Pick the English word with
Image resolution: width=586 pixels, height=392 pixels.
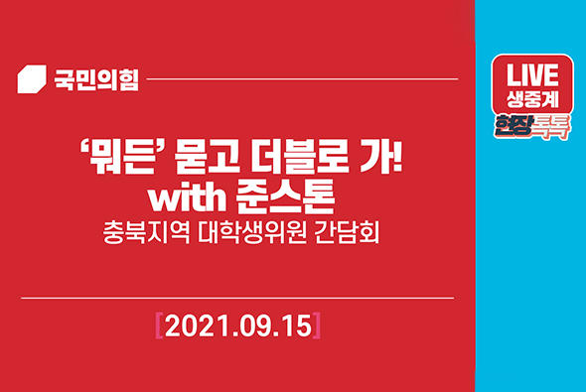189,196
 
